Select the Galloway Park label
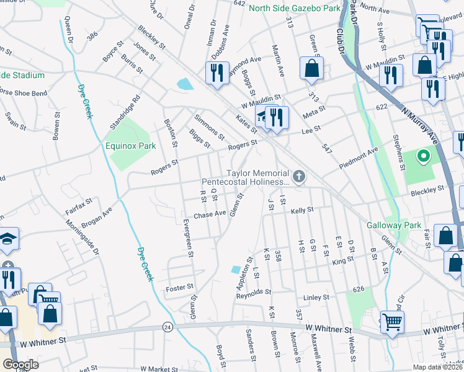pyautogui.click(x=394, y=225)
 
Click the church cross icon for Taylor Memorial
pyautogui.click(x=299, y=178)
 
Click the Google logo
pyautogui.click(x=20, y=365)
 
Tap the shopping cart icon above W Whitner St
pyautogui.click(x=391, y=322)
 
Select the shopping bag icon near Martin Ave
pyautogui.click(x=311, y=69)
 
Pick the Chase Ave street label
pyautogui.click(x=209, y=215)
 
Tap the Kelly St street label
pyautogui.click(x=303, y=211)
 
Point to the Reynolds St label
pyautogui.click(x=254, y=291)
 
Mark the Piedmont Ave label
pyautogui.click(x=359, y=159)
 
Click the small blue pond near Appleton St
pyautogui.click(x=235, y=270)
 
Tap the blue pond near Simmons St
pyautogui.click(x=185, y=84)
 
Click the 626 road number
pyautogui.click(x=358, y=288)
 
